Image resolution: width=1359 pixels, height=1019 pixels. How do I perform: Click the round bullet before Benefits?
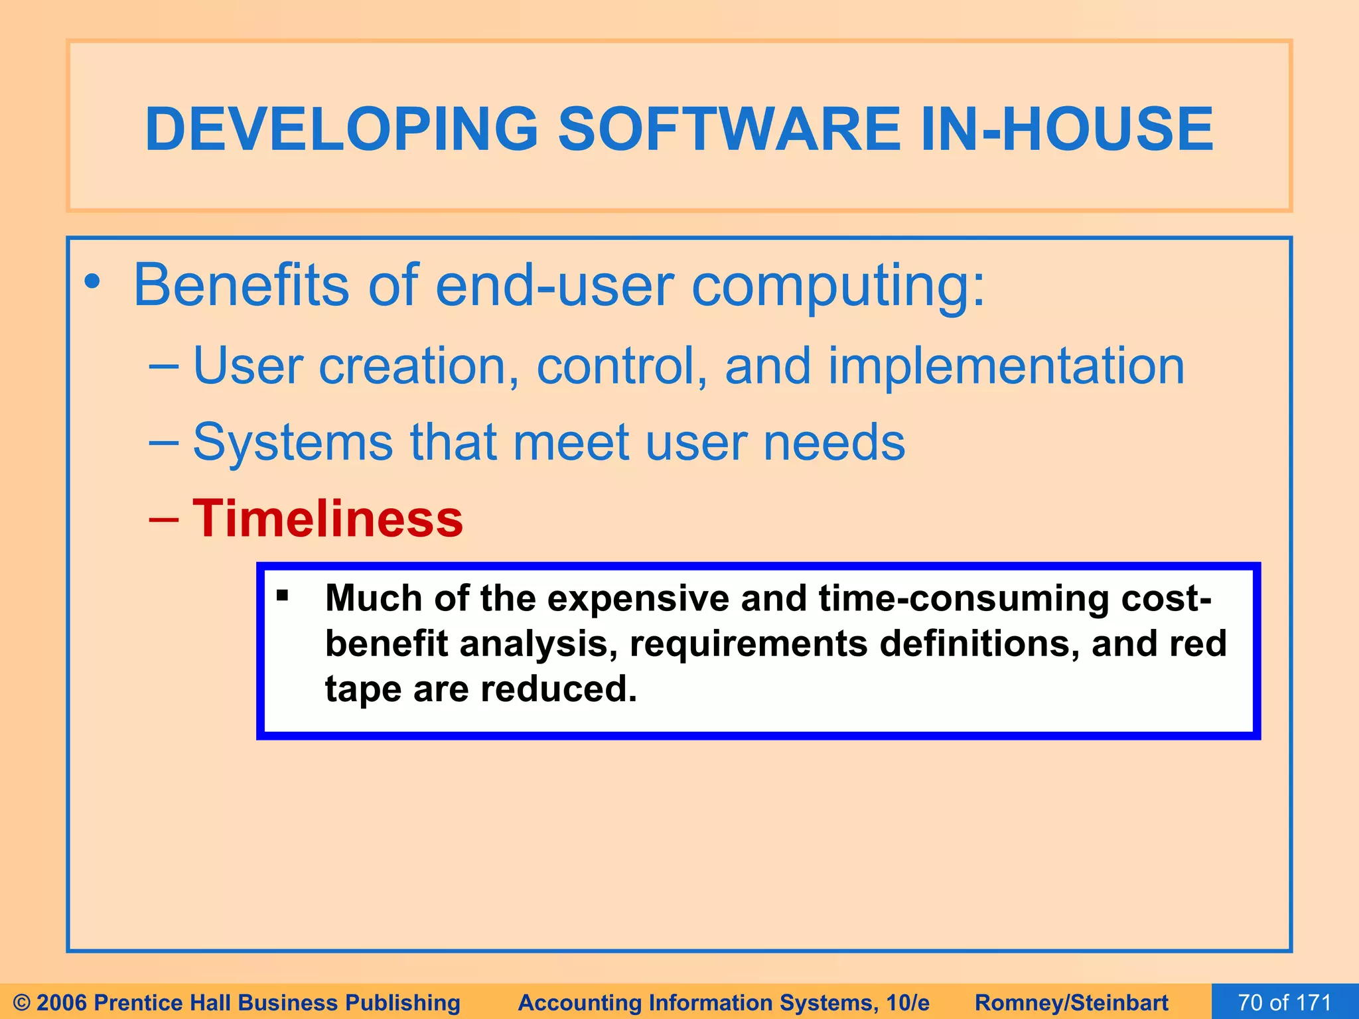click(92, 283)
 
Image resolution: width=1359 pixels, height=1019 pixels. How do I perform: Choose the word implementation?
click(1005, 366)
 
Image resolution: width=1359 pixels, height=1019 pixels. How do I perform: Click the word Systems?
click(292, 442)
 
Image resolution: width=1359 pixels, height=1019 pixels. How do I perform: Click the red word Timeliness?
click(328, 519)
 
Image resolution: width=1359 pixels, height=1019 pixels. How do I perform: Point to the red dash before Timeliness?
click(163, 519)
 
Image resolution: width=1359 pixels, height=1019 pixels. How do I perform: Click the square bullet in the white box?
click(283, 595)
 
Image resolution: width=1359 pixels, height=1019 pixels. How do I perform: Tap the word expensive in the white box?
click(639, 599)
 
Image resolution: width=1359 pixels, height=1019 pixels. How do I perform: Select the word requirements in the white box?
click(748, 644)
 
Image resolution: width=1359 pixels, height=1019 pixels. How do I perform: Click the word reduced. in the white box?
click(559, 689)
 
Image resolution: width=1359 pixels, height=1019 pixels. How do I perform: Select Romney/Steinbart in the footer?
click(1071, 1002)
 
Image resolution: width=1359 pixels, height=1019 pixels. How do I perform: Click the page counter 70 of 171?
click(1284, 1002)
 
